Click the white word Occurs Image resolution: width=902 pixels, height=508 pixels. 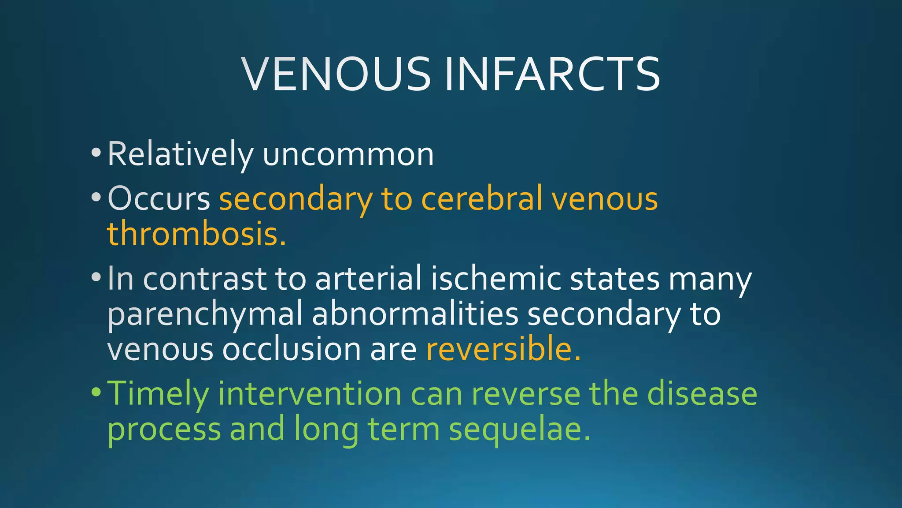coord(159,199)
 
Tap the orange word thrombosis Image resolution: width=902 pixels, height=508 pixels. coord(196,234)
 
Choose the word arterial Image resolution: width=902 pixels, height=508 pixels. coord(368,279)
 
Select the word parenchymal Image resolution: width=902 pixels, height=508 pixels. coord(205,314)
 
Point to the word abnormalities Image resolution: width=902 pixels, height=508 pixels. coord(415,314)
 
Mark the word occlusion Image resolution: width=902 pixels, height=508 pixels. coord(291,349)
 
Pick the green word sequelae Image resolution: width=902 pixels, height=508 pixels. coord(519,429)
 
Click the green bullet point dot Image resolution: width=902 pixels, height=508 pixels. coord(96,392)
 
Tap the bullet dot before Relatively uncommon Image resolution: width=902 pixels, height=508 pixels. coord(96,153)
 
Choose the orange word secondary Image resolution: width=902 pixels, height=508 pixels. coord(296,199)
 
